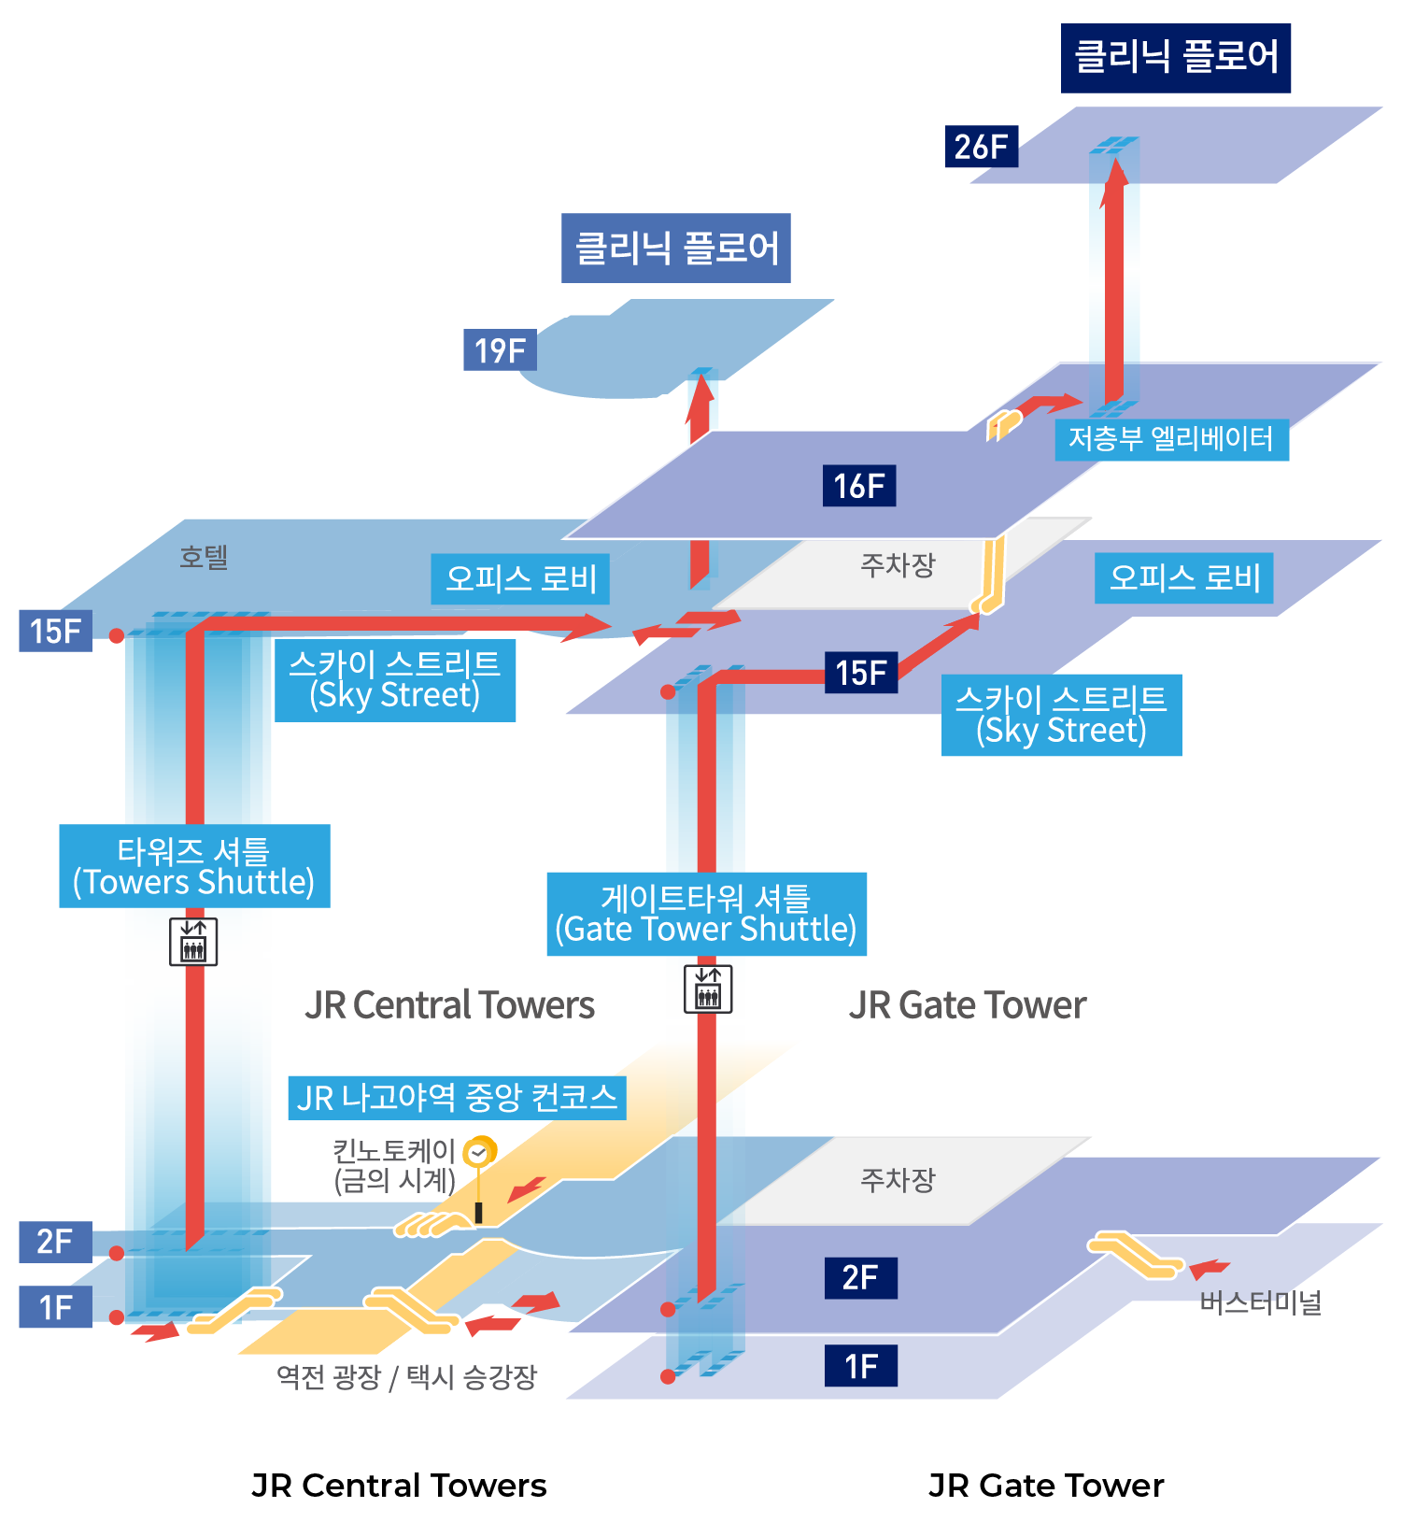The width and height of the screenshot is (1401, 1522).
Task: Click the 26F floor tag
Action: click(x=981, y=147)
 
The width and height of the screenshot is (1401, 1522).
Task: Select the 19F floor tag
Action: click(x=500, y=350)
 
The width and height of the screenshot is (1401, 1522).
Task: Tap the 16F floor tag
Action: click(x=858, y=486)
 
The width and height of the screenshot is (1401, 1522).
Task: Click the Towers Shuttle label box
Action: click(x=194, y=866)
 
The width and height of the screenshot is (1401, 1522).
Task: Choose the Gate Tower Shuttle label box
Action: click(x=706, y=914)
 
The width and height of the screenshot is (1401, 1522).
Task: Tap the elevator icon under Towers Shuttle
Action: click(x=193, y=941)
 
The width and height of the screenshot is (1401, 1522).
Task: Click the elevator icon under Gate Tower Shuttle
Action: click(x=708, y=989)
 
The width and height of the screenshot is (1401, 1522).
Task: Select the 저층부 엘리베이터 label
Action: click(x=1171, y=439)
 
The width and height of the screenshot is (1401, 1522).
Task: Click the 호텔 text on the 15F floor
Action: click(x=204, y=558)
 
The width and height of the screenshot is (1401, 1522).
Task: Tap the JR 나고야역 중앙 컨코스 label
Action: click(x=457, y=1098)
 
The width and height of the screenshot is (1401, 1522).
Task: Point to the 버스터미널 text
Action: click(x=1260, y=1302)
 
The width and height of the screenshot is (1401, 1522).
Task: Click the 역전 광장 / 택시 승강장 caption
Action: click(x=406, y=1376)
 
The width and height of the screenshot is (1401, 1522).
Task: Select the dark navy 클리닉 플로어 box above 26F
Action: click(x=1176, y=58)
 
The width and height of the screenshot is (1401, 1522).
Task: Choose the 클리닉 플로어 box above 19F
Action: click(x=676, y=248)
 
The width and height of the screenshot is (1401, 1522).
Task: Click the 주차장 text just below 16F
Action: click(x=897, y=564)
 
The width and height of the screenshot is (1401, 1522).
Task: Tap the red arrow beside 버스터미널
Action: click(x=1209, y=1268)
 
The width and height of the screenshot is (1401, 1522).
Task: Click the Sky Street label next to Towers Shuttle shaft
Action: click(x=394, y=680)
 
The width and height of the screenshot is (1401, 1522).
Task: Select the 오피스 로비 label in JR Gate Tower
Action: click(x=1183, y=578)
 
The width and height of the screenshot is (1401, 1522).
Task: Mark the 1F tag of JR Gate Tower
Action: click(x=860, y=1366)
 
